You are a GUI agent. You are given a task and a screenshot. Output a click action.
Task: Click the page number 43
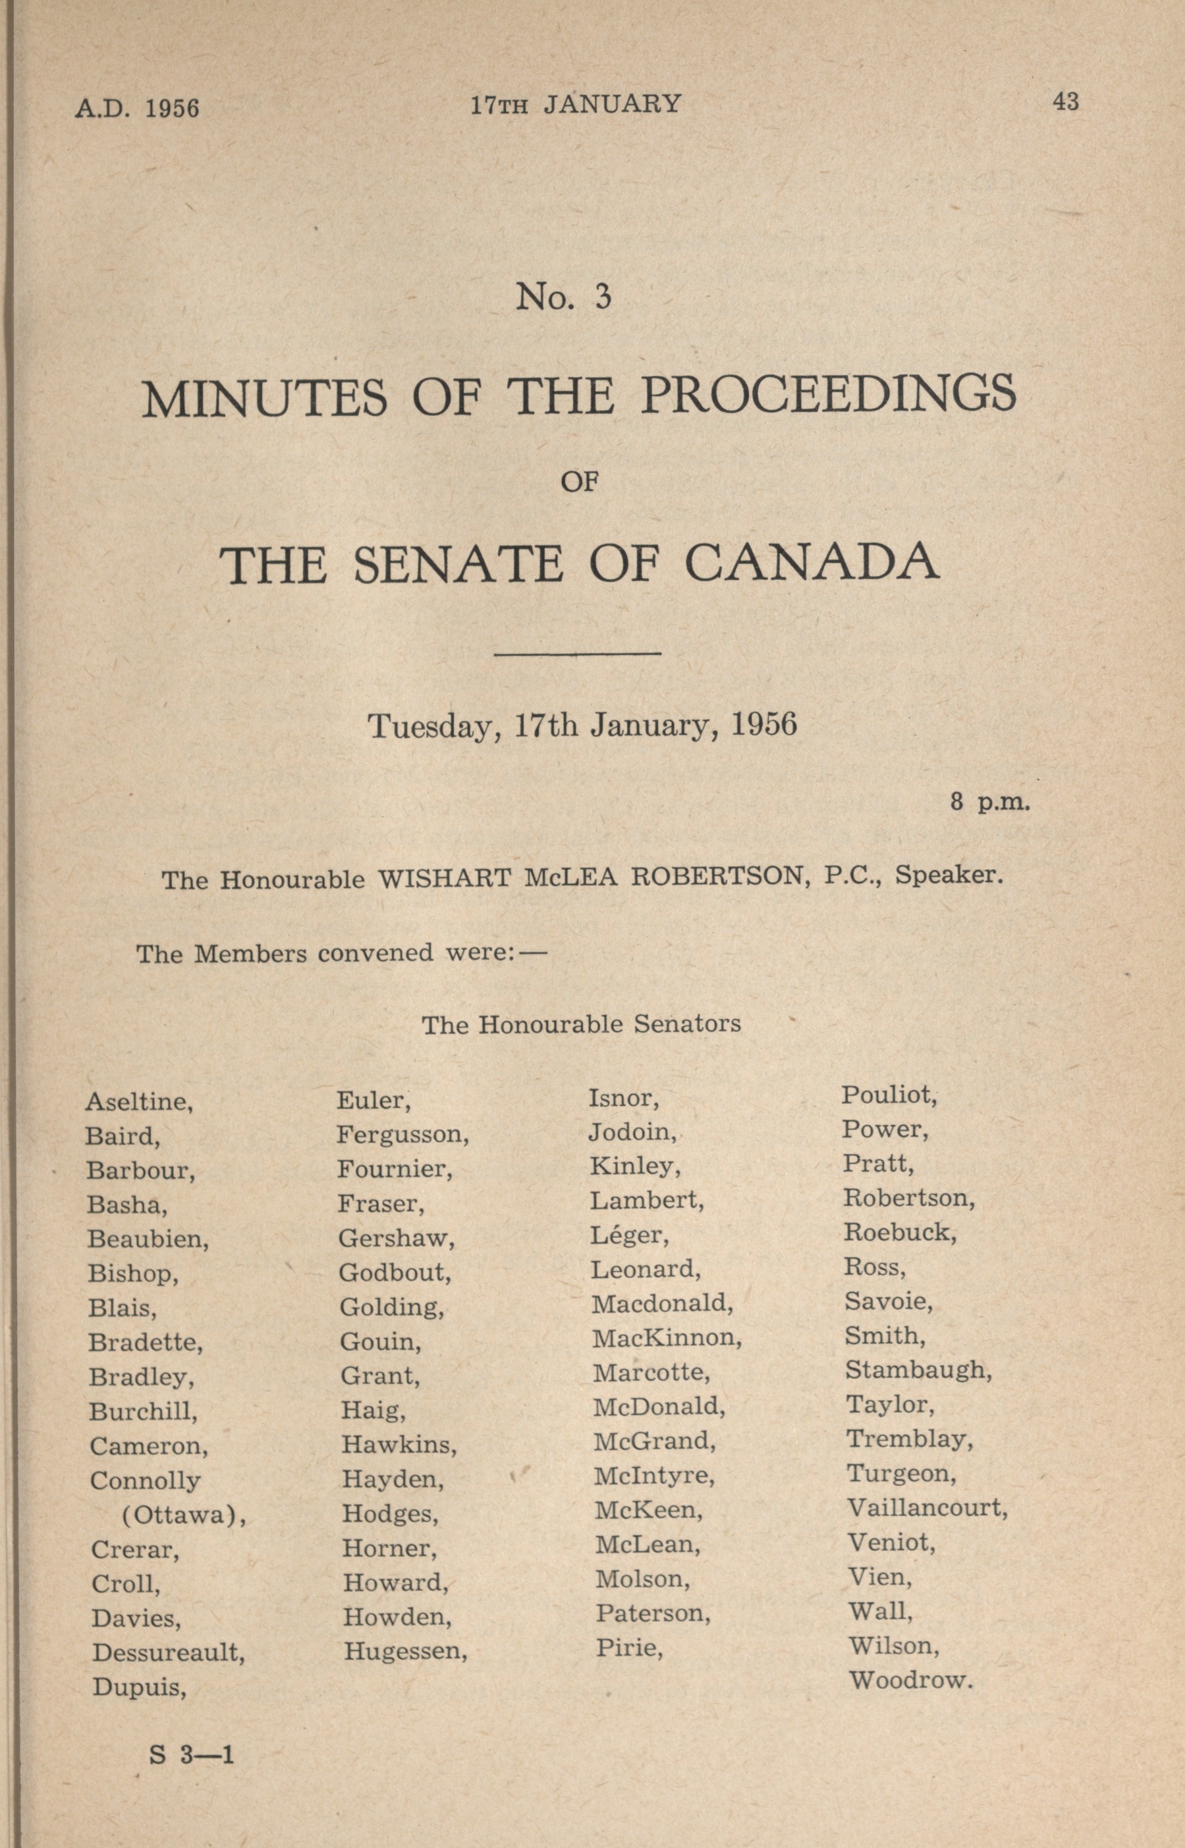coord(1066,101)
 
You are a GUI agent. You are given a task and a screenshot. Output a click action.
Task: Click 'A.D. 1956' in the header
coord(137,107)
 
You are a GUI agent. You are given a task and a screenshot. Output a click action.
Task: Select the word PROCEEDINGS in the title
coord(829,395)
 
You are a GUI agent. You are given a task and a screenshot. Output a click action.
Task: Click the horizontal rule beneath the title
coord(577,654)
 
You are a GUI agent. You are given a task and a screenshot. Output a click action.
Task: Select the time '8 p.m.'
coord(989,802)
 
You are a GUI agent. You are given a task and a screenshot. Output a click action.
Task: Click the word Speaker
coord(949,876)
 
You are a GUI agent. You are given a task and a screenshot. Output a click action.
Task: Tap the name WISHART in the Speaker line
coord(444,879)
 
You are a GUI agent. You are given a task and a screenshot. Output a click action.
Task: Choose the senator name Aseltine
coord(138,1102)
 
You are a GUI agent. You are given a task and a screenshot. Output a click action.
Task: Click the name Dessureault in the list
coord(169,1652)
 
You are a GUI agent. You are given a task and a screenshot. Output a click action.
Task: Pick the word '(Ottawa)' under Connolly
coord(184,1515)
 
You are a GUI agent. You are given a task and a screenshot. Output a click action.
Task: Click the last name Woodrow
coord(911,1680)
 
